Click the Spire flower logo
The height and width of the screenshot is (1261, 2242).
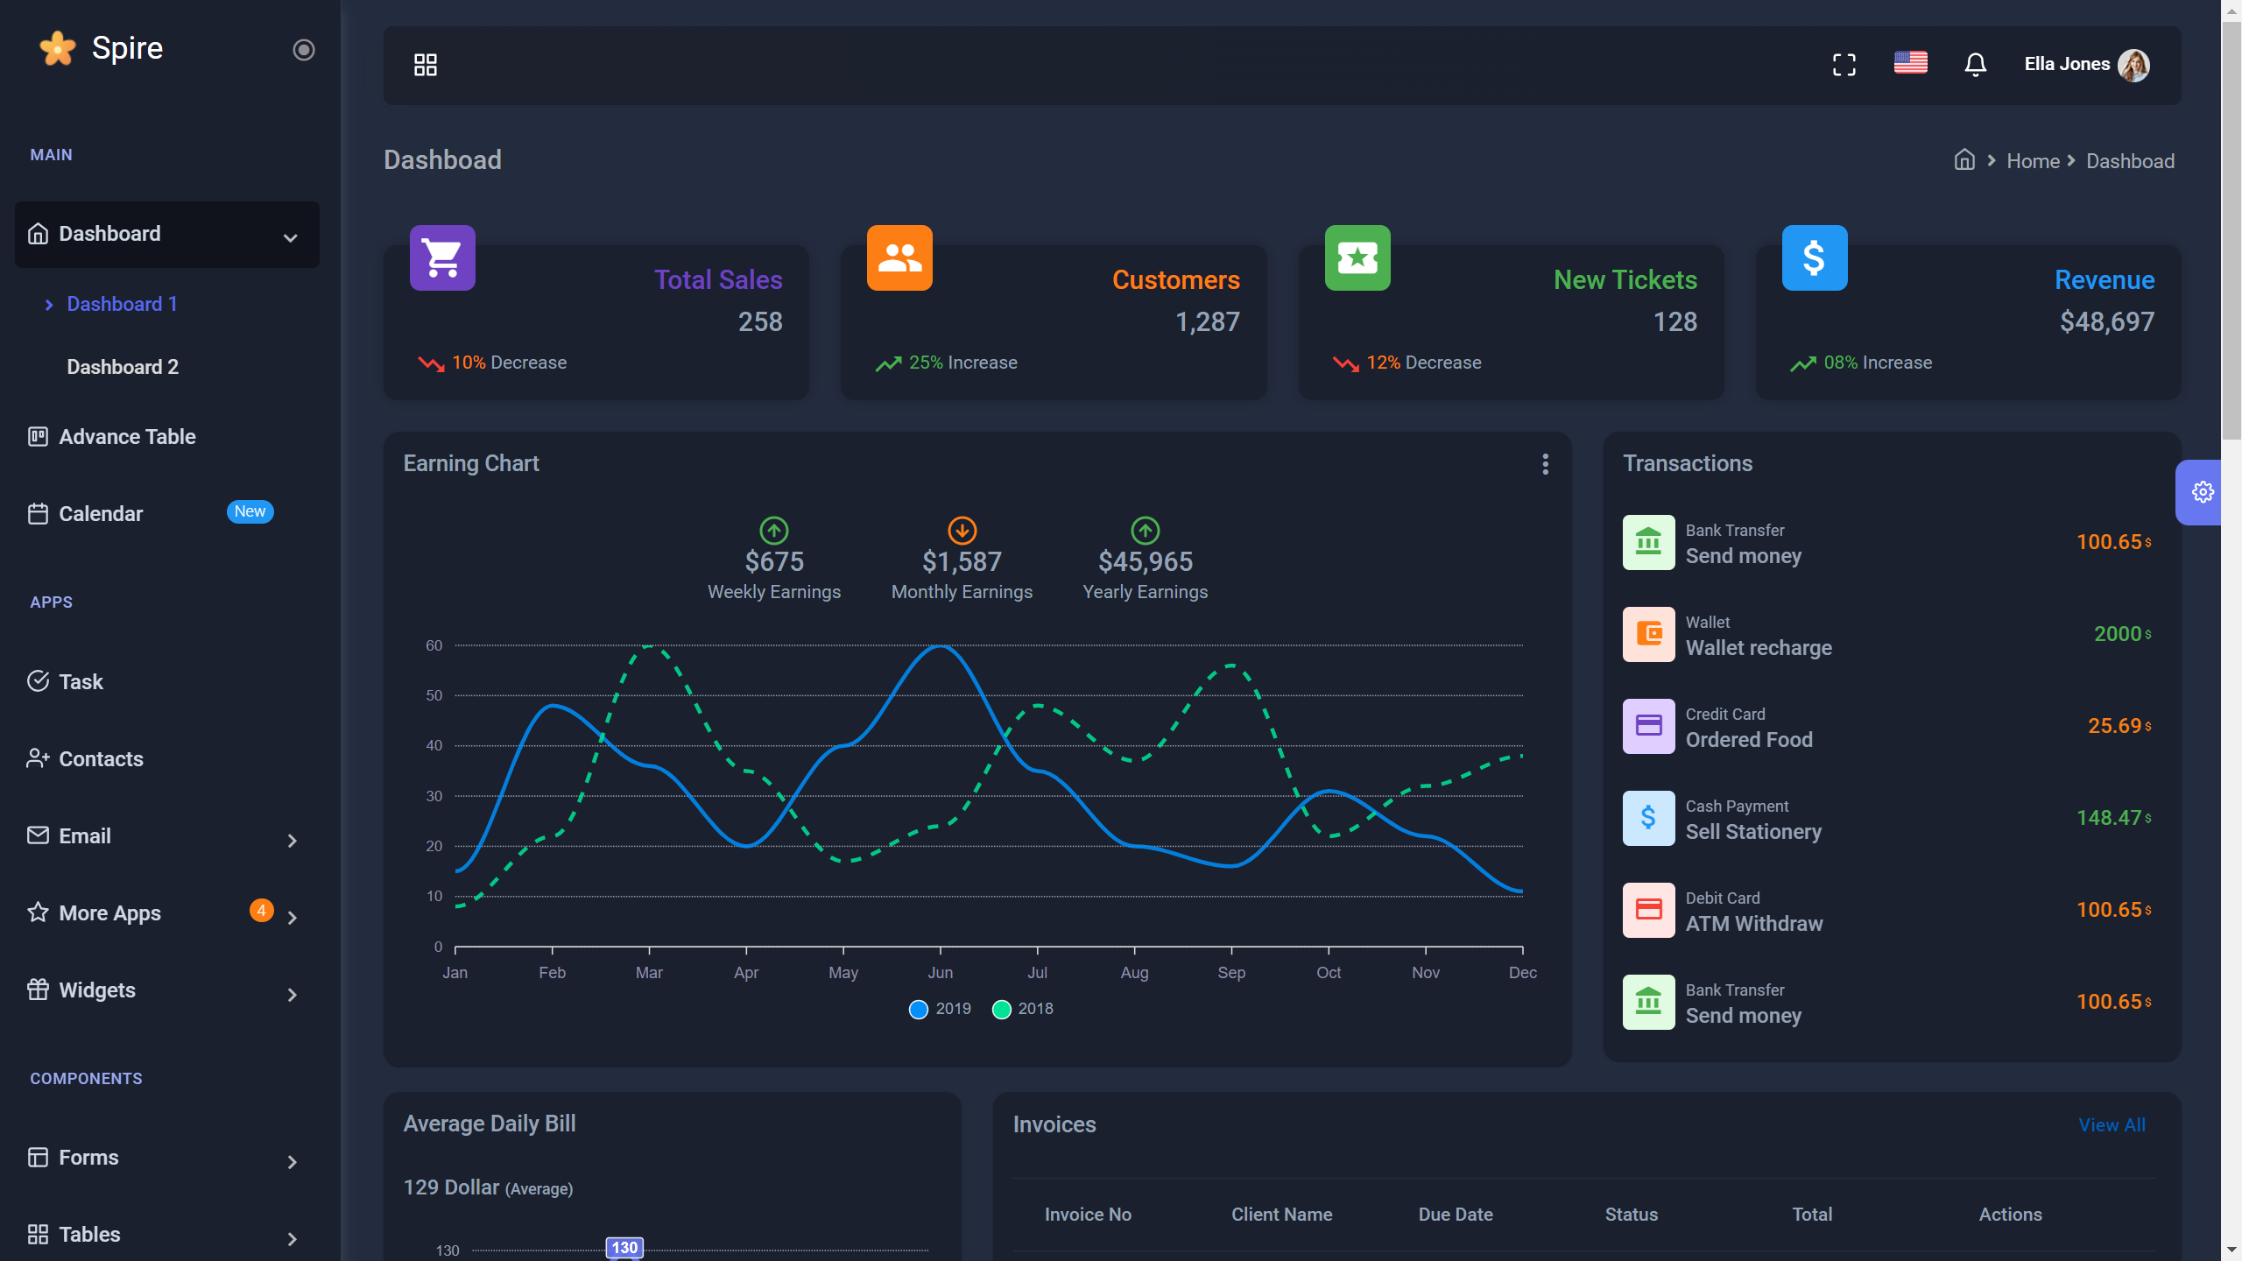pos(58,48)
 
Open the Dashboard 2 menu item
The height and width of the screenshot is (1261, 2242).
pos(123,367)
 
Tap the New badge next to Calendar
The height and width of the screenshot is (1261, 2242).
pos(250,511)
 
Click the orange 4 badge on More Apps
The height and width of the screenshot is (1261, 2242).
pos(261,911)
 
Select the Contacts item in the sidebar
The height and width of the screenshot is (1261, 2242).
pos(101,759)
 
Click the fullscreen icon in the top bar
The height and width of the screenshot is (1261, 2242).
pos(1844,65)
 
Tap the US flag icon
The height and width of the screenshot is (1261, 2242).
pos(1910,63)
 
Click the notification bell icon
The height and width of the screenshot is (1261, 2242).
pos(1975,65)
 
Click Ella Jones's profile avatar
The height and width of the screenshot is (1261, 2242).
pos(2133,65)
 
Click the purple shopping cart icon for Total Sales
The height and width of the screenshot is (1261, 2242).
pos(442,258)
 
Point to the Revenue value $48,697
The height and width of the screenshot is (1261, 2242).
pos(2106,322)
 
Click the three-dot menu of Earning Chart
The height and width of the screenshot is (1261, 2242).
pos(1545,464)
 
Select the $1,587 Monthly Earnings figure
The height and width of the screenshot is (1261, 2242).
pos(962,562)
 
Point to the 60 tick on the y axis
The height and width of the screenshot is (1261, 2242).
pos(434,646)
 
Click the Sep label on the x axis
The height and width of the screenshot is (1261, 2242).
pos(1230,973)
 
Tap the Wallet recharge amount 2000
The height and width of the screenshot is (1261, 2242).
pos(2117,634)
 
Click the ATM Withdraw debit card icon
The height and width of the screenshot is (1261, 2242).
pos(1648,910)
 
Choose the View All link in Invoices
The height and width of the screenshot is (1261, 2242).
pos(2112,1125)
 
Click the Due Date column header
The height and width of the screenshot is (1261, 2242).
pos(1455,1215)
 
